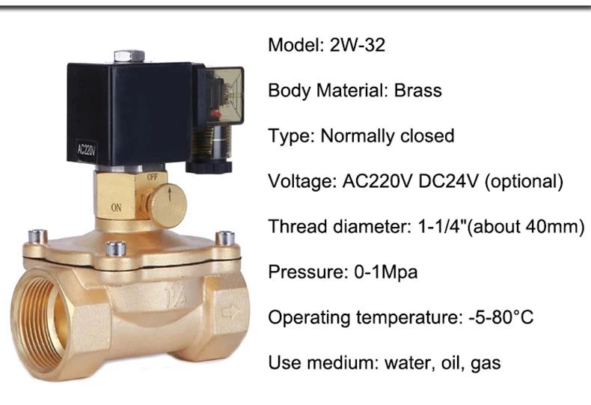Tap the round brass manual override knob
(165, 202)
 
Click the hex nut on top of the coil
(129, 56)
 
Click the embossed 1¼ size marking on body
(174, 294)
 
